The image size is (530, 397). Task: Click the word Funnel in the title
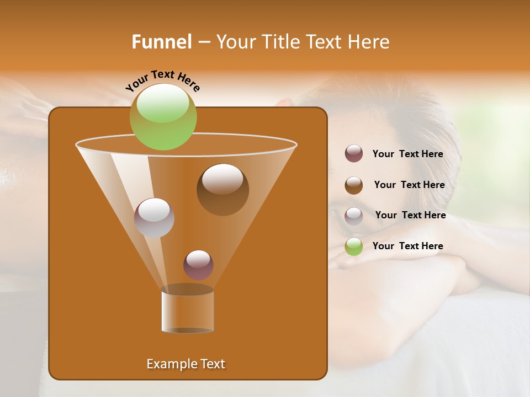click(x=162, y=42)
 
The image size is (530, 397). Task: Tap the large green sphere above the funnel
click(x=163, y=116)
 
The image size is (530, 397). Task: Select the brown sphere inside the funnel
click(x=222, y=189)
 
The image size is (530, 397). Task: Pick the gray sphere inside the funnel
click(x=154, y=218)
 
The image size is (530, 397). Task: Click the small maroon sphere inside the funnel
click(x=198, y=265)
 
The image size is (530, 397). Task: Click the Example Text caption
click(x=185, y=364)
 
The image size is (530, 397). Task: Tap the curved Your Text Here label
click(x=162, y=81)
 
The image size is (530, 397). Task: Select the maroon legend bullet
click(x=354, y=154)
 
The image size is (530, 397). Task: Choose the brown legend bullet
click(x=354, y=185)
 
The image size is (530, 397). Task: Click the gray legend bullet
click(x=354, y=216)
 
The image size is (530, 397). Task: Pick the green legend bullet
click(x=354, y=246)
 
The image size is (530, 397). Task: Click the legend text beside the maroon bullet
click(x=407, y=154)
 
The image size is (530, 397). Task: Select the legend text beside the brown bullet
click(x=409, y=185)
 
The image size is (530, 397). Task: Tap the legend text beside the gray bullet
click(x=410, y=215)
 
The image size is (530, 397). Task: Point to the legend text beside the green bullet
click(x=407, y=246)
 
